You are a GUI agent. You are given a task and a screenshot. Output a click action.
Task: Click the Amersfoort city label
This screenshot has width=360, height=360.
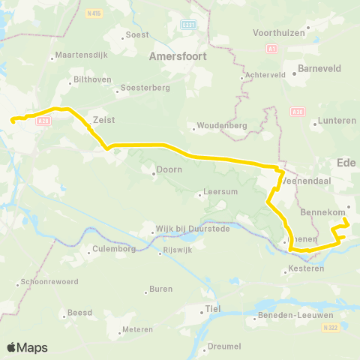(178, 55)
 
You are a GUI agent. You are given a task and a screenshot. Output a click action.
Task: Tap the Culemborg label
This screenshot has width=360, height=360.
(114, 249)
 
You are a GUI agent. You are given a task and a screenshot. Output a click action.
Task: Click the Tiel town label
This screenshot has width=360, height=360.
(214, 308)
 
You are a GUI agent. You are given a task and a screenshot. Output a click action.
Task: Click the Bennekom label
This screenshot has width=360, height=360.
(322, 212)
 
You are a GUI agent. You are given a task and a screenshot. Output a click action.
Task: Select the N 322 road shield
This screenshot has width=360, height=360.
(329, 328)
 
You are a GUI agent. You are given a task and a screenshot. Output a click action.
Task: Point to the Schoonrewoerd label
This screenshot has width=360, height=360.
(46, 283)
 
